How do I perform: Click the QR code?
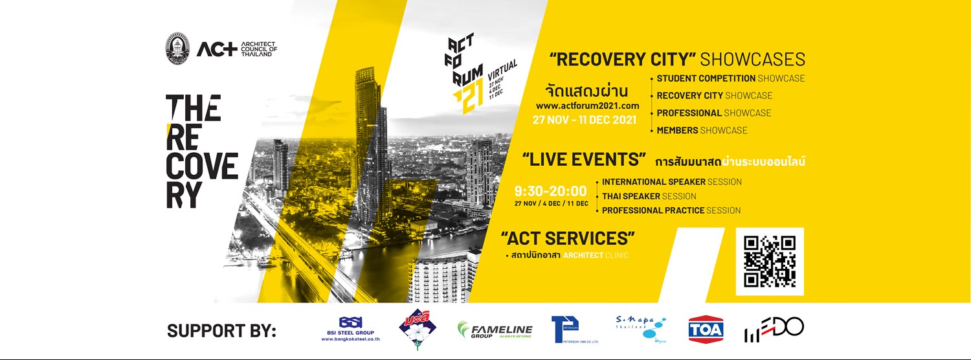(770, 262)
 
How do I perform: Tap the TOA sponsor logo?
(706, 329)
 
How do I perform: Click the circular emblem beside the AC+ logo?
(177, 49)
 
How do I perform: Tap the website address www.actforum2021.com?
(587, 106)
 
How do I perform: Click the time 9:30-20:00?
(550, 191)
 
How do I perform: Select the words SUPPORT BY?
(221, 330)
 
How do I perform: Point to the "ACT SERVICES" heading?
(568, 238)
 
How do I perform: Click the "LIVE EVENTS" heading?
(585, 159)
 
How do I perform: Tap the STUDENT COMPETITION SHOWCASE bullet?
(730, 78)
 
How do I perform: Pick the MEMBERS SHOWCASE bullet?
(702, 130)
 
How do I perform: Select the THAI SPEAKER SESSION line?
(649, 196)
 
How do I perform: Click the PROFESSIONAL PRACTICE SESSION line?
(671, 210)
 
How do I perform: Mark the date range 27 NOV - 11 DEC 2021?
(585, 119)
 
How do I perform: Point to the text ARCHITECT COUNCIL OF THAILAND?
(258, 49)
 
